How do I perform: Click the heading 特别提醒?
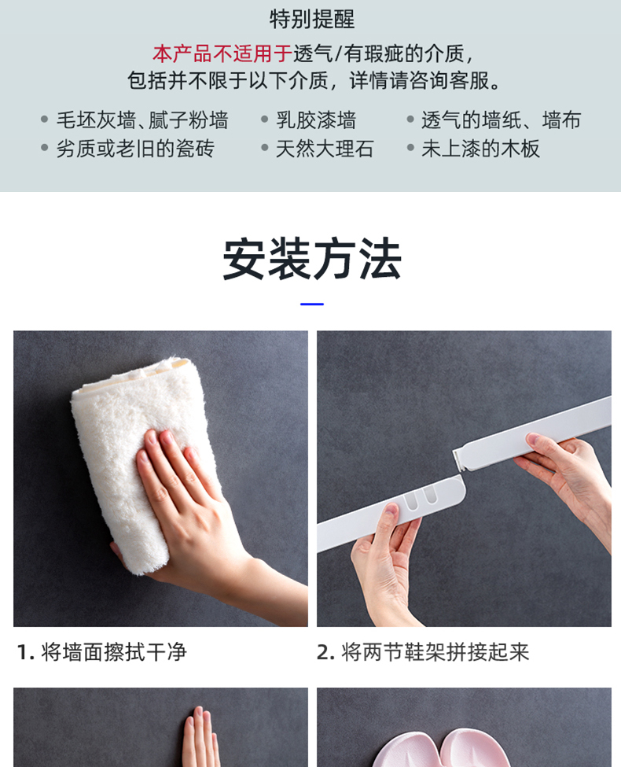tap(312, 19)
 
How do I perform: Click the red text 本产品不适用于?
tap(222, 53)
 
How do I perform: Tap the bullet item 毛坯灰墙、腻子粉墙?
tap(142, 120)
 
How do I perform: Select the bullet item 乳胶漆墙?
tap(316, 120)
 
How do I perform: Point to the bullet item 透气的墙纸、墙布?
tap(502, 120)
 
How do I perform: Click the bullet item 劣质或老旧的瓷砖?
tap(135, 149)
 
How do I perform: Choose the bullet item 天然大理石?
tap(325, 149)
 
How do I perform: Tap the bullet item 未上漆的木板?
tap(480, 149)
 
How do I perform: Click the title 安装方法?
tap(312, 259)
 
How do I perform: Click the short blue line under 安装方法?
tap(312, 304)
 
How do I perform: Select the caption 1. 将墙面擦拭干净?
tap(101, 652)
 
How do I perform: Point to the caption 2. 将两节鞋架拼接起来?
tap(423, 652)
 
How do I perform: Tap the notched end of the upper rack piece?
tap(460, 460)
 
